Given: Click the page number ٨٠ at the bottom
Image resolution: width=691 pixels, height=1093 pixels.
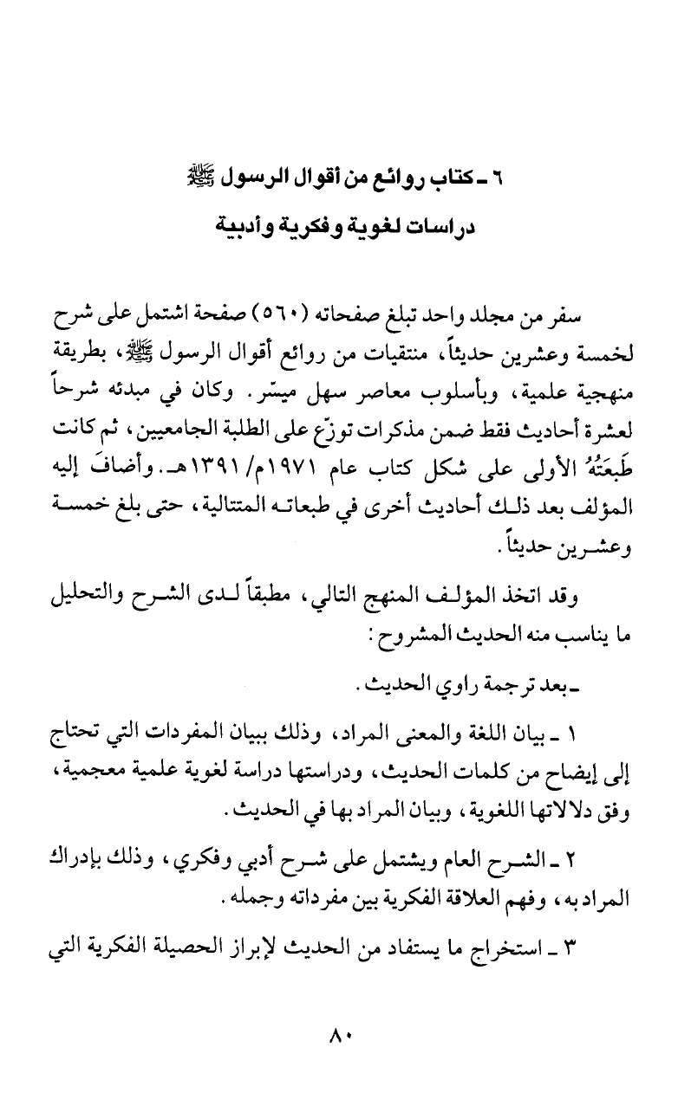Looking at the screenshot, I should [x=344, y=1035].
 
